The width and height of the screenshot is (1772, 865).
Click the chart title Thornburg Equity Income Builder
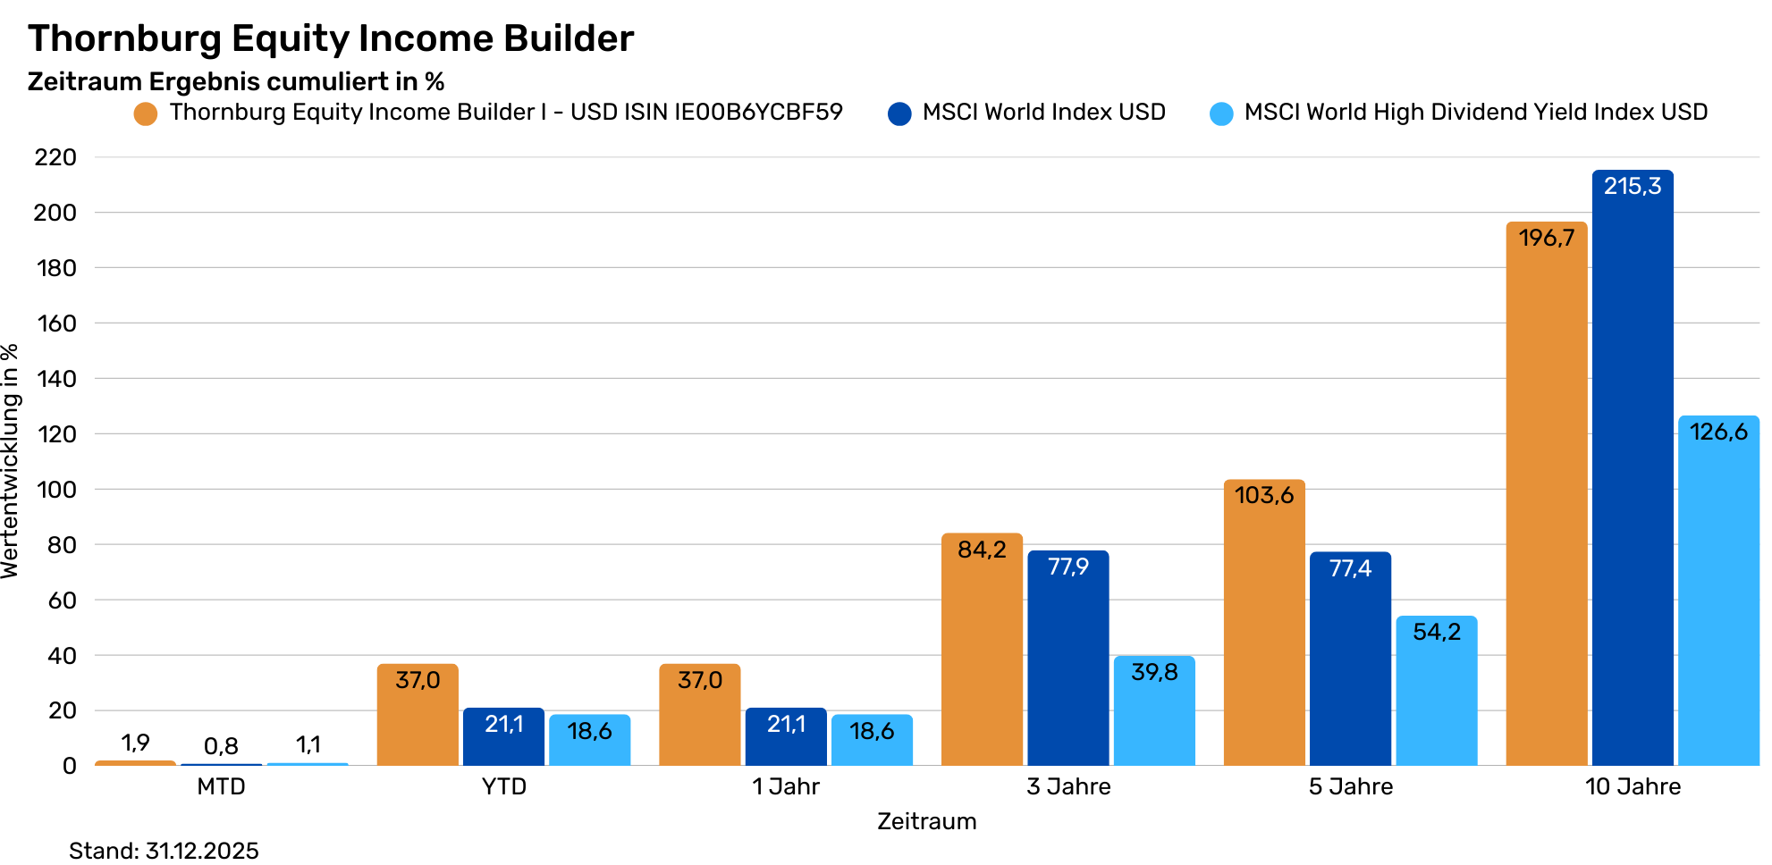click(331, 38)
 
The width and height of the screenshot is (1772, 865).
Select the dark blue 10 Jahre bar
click(1633, 483)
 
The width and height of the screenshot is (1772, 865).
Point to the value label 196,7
click(1547, 238)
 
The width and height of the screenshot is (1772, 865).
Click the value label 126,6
click(1718, 432)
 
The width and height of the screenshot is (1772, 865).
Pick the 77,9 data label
click(1068, 567)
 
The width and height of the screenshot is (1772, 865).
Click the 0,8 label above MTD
click(221, 746)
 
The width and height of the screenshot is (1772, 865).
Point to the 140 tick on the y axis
click(56, 379)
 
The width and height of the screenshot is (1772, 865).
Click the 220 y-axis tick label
click(56, 157)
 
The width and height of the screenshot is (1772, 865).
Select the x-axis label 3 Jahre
click(1068, 786)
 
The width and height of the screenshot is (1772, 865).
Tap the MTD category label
click(221, 786)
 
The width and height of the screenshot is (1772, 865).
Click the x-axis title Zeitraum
click(926, 821)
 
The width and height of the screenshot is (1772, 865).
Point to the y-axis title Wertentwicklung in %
click(11, 461)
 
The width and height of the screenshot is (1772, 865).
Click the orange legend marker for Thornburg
click(146, 113)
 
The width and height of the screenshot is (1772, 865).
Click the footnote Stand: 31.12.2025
click(164, 850)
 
